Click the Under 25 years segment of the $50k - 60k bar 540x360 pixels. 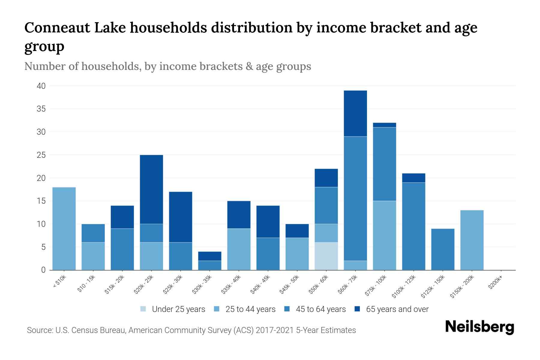[326, 256]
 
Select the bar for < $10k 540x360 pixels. [64, 229]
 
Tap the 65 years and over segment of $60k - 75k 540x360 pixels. [355, 113]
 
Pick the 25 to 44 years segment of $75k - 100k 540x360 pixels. [384, 235]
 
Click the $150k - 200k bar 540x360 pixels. [472, 240]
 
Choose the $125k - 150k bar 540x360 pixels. [442, 249]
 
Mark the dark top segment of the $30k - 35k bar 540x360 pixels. [209, 256]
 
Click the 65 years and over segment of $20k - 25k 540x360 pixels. [151, 189]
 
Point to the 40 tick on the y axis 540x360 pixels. [41, 86]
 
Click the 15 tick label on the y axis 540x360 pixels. [41, 201]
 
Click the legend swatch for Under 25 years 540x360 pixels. [143, 309]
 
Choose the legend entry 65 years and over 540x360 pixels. [397, 309]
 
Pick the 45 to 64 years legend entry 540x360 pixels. [320, 309]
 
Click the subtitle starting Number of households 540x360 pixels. [167, 66]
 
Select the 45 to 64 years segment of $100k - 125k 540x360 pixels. [413, 226]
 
